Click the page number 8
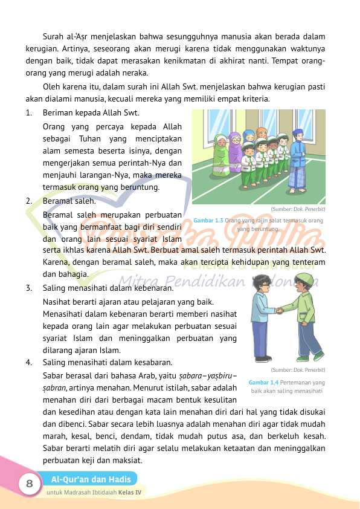[28, 484]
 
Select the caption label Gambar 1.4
[264, 383]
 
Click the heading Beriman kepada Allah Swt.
[91, 112]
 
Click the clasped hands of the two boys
[280, 311]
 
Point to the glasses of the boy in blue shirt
[262, 284]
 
